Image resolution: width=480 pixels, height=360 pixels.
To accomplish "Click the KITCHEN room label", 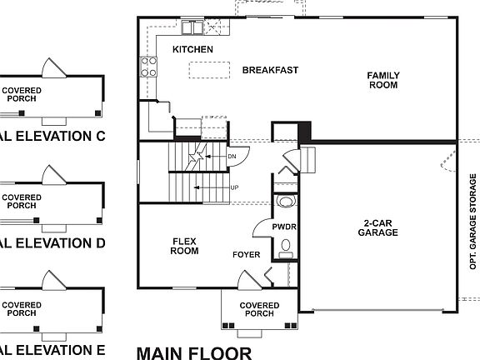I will pos(192,50).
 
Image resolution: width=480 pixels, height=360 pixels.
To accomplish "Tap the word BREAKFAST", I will pos(270,70).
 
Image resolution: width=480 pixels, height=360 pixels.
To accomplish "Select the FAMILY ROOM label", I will pos(383,80).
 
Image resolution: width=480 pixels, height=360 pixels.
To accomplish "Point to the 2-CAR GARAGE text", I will pos(380,227).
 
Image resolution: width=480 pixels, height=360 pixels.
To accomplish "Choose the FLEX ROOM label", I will pos(184,246).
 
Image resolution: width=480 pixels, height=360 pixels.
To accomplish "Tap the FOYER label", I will pos(246,254).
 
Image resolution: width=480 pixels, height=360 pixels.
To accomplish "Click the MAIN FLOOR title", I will pos(193,352).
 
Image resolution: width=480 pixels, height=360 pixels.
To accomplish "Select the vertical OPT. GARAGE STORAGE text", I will pos(472,220).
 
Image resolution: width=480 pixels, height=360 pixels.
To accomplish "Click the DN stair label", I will pos(232,155).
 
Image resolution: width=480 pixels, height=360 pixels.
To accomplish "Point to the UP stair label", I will pos(234,187).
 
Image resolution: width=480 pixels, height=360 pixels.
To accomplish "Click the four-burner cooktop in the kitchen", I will pos(150,66).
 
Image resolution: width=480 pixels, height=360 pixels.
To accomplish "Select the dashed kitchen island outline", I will pos(209,72).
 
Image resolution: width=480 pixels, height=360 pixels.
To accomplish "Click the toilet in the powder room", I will pos(285,246).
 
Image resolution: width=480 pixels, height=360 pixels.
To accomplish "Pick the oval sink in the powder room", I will pos(285,202).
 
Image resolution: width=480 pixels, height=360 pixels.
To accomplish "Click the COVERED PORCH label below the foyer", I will pos(259,310).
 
